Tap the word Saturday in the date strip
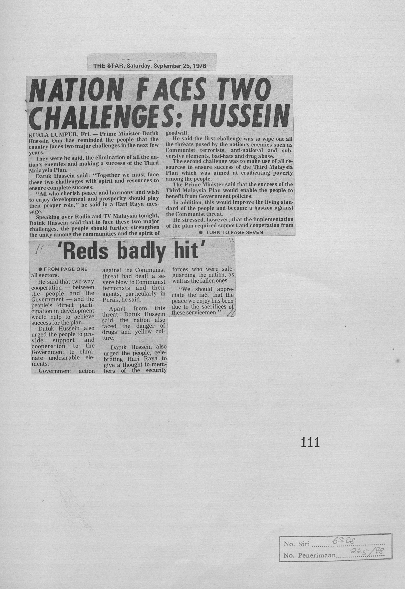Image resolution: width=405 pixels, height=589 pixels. coord(139,66)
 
